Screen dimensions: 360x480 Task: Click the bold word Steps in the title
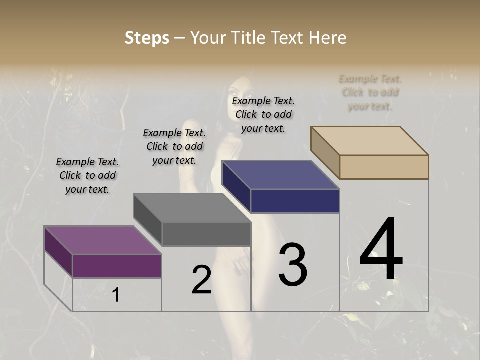(147, 38)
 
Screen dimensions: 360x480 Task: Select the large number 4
(381, 249)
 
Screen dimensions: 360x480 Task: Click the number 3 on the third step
(293, 265)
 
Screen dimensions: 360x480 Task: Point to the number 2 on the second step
(201, 280)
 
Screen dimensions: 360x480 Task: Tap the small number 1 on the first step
(116, 295)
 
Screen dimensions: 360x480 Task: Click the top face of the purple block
(102, 240)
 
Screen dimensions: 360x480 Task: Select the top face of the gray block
(192, 208)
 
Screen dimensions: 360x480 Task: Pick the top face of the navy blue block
(280, 175)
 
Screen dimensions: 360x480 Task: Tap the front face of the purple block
(117, 266)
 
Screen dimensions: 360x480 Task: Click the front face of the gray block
(206, 234)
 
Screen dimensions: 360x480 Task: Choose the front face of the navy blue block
(295, 201)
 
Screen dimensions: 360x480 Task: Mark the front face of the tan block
(384, 167)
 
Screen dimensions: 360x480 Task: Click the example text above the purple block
(87, 175)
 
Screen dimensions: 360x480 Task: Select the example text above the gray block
(174, 146)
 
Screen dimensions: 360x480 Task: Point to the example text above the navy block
(263, 114)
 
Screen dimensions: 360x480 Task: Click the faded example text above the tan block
(370, 92)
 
